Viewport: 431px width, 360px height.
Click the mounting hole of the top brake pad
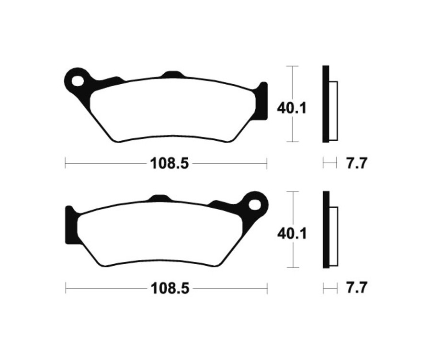(x=77, y=79)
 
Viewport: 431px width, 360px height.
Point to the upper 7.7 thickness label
(x=356, y=164)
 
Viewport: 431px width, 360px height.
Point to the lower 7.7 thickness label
(x=356, y=289)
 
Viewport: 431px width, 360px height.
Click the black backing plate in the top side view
(x=326, y=104)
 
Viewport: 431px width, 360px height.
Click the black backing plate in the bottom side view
(x=326, y=230)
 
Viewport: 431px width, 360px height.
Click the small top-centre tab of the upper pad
(x=173, y=75)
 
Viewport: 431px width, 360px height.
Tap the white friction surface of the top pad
(x=172, y=109)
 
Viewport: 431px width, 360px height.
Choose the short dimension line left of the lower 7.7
(x=329, y=289)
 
